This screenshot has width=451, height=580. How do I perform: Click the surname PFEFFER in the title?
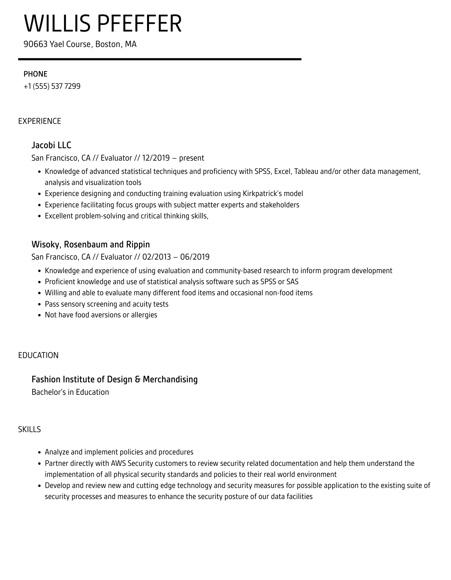tap(139, 24)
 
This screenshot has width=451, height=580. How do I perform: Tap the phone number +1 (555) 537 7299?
tap(52, 86)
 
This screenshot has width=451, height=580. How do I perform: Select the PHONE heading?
tap(35, 74)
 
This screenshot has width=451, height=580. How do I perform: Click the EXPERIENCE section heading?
tap(40, 121)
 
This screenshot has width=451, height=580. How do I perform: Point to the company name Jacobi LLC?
tap(51, 145)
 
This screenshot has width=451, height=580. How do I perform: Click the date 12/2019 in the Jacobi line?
tap(156, 158)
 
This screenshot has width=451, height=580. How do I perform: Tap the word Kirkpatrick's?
tap(262, 194)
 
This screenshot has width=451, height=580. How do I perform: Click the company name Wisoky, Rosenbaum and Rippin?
tap(91, 244)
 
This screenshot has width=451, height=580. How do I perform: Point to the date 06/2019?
tap(195, 257)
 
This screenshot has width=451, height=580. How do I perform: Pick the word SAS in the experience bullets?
tap(292, 282)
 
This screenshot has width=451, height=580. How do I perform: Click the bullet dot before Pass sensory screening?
tap(39, 304)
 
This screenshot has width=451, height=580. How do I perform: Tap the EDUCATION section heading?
tap(38, 355)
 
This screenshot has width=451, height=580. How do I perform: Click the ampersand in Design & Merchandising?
tap(138, 379)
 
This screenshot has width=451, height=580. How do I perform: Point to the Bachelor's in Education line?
tap(70, 392)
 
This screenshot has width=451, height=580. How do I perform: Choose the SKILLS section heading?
tap(30, 429)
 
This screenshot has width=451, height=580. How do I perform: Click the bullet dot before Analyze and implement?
tap(39, 453)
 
